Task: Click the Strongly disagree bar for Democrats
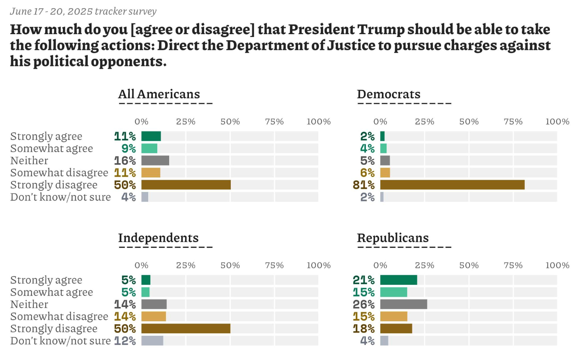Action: (x=452, y=185)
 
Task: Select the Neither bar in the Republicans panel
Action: (x=403, y=304)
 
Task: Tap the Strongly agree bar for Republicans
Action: (x=398, y=280)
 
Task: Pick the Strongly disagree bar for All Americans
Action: (x=186, y=185)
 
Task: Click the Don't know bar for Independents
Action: (x=152, y=341)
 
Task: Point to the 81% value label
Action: (x=363, y=185)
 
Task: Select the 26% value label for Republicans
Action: (x=363, y=304)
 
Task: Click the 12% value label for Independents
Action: (x=125, y=341)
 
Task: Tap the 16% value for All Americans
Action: (x=125, y=161)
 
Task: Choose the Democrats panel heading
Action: (x=388, y=94)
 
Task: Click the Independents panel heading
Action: (x=158, y=238)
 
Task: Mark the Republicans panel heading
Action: (x=393, y=238)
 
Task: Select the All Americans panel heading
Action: (x=159, y=94)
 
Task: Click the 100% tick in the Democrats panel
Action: (x=557, y=122)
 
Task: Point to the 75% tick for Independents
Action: (x=274, y=265)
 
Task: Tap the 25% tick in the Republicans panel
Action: (x=425, y=265)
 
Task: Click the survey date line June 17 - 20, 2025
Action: (x=83, y=12)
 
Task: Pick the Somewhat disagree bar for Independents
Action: (x=153, y=316)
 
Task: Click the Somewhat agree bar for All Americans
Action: (x=149, y=148)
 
